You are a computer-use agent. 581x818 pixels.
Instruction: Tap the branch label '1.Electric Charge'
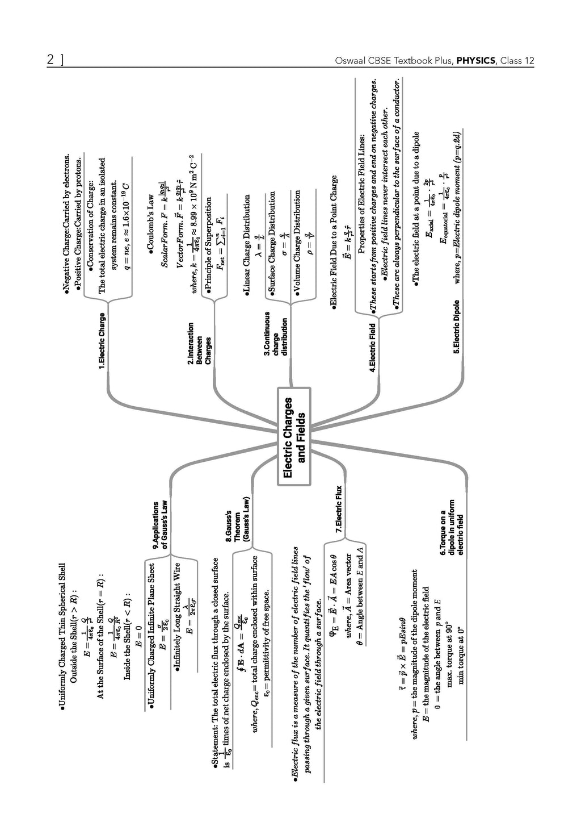point(102,342)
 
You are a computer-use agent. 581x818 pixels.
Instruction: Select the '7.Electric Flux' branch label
point(338,509)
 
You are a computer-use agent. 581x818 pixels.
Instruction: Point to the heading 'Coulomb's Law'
point(151,217)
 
